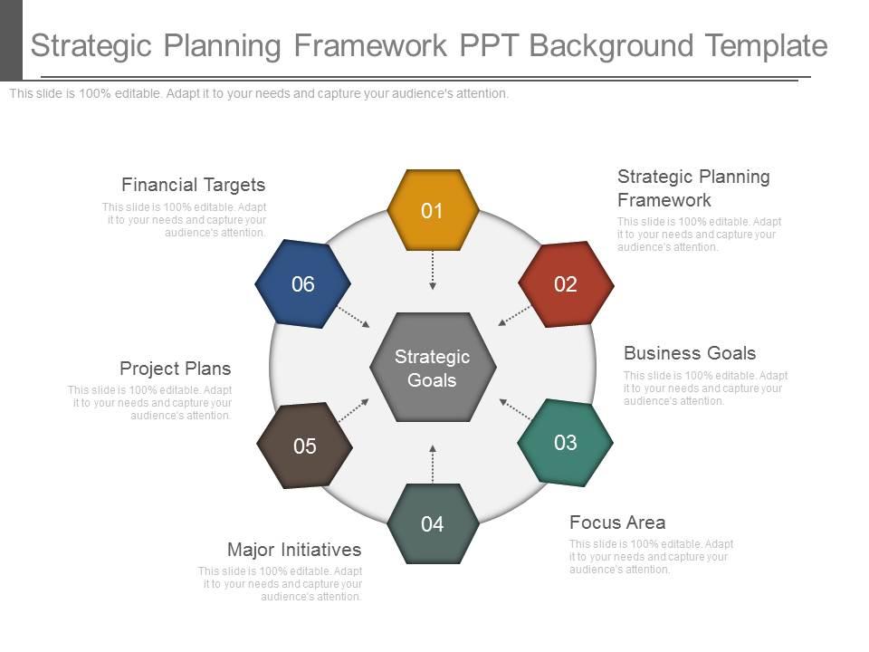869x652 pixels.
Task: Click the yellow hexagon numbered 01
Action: click(433, 210)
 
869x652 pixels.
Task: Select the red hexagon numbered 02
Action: click(566, 283)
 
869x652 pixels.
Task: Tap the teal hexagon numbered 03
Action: click(565, 443)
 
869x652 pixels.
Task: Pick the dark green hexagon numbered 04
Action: click(433, 524)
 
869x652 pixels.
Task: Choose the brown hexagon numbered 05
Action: click(304, 446)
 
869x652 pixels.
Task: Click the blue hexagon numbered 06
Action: click(302, 283)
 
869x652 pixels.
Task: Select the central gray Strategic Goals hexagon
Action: click(433, 367)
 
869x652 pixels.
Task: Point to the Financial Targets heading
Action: click(194, 185)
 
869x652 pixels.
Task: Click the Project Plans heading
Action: click(175, 369)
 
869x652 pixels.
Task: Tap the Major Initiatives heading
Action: click(294, 550)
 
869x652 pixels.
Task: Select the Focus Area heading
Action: click(617, 523)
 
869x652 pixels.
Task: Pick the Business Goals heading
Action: click(690, 353)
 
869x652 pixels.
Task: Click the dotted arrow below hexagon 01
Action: click(433, 270)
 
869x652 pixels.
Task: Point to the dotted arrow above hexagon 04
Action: click(433, 464)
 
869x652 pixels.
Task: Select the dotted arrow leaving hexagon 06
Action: click(354, 317)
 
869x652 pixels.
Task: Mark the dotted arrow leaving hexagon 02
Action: click(514, 315)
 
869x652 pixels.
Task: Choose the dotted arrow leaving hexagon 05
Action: click(354, 411)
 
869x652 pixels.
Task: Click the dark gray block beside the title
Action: click(11, 41)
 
